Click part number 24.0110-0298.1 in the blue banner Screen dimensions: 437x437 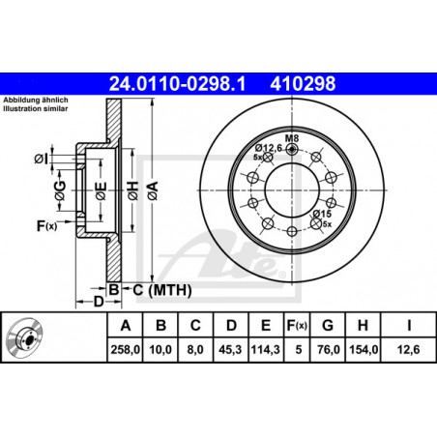point(178,83)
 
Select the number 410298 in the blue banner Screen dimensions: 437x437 point(303,83)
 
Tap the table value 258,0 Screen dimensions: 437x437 point(126,349)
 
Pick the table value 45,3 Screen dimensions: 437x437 point(230,349)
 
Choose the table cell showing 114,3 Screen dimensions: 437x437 point(266,349)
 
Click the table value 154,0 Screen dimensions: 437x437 point(364,349)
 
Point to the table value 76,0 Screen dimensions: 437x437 point(328,349)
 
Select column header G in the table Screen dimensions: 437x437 point(328,326)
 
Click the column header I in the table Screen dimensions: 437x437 point(409,326)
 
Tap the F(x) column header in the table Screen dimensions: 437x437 point(297,326)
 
